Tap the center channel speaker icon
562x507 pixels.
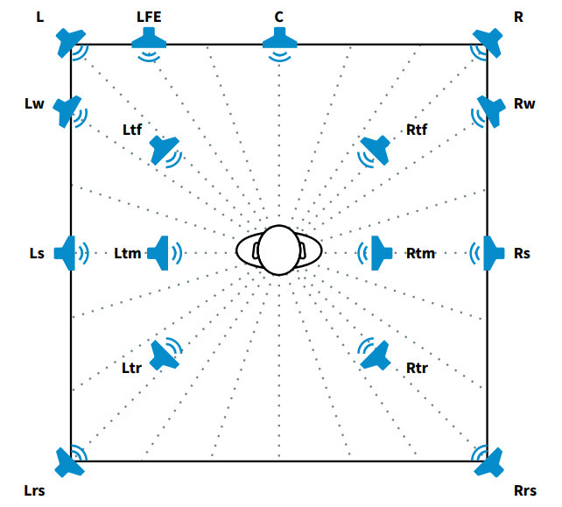[x=279, y=38]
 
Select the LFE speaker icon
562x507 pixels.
[x=150, y=38]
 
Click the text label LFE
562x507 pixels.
[x=149, y=17]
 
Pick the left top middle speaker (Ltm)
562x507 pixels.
[x=160, y=253]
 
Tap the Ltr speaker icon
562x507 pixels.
[x=164, y=355]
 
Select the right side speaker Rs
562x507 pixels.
[x=491, y=253]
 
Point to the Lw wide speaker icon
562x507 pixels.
[x=67, y=109]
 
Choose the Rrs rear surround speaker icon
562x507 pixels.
[x=489, y=461]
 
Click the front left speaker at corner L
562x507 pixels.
[x=69, y=41]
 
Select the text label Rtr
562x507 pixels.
[x=417, y=368]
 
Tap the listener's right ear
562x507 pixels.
[x=303, y=251]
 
